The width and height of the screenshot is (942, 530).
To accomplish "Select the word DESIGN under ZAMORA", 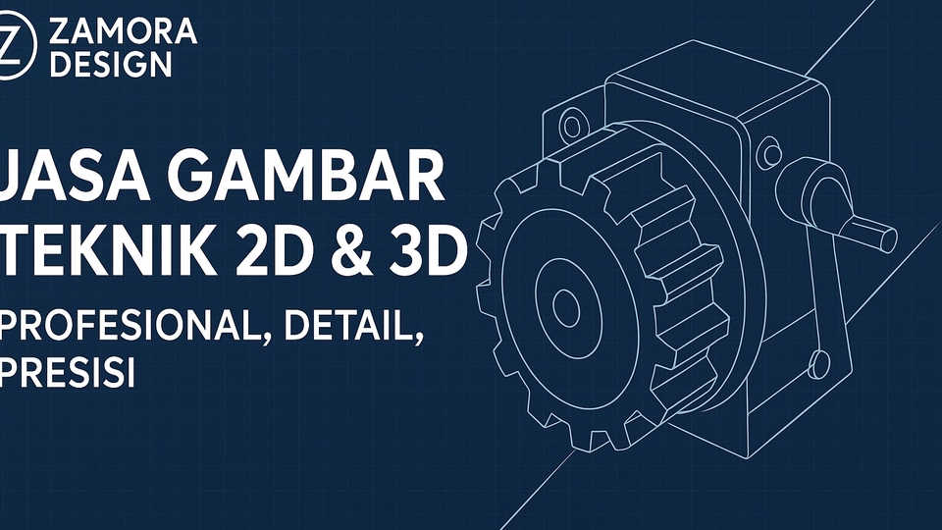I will pyautogui.click(x=110, y=65).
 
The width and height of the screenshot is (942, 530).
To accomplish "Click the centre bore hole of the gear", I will pyautogui.click(x=566, y=307).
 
